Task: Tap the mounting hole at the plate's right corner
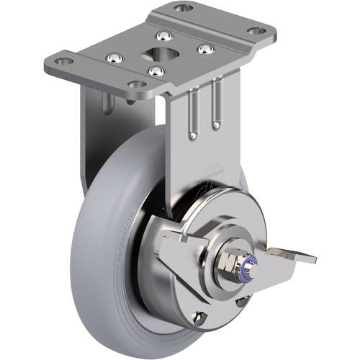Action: pos(256,32)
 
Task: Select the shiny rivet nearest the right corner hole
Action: pos(205,50)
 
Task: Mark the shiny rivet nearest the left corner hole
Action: pos(113,57)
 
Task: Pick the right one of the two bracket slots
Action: pos(215,108)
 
